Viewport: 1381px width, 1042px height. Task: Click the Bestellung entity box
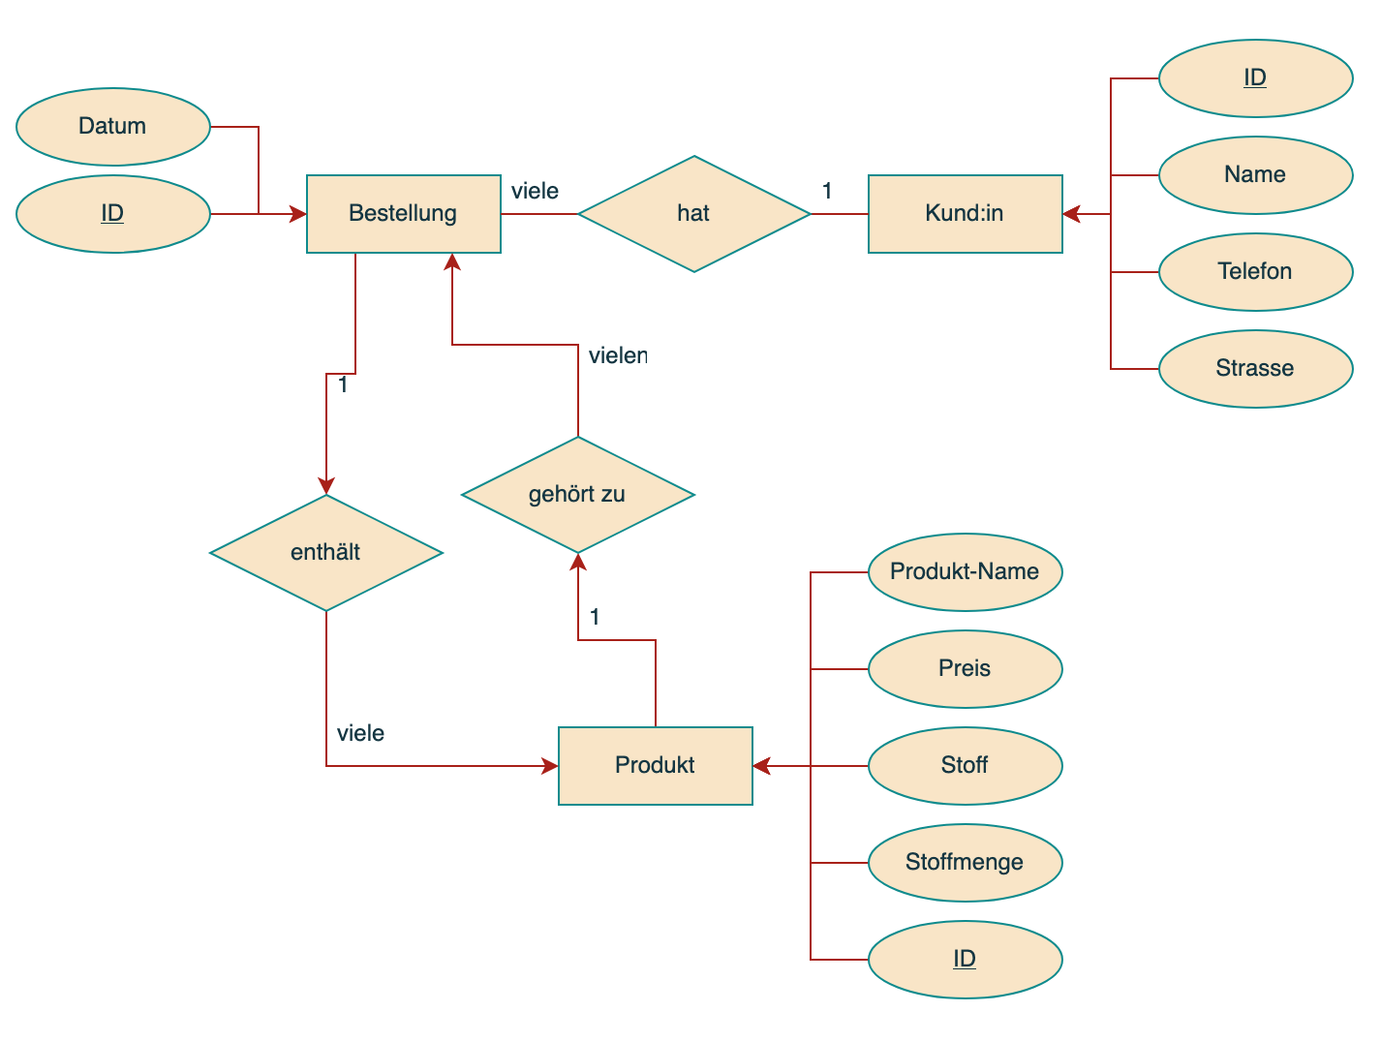point(403,213)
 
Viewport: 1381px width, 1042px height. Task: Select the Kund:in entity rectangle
point(965,213)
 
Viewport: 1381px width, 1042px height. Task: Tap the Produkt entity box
point(655,765)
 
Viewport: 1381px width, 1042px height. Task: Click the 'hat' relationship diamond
point(693,213)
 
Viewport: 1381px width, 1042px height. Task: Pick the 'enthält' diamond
point(325,552)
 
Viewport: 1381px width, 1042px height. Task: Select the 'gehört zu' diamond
point(577,494)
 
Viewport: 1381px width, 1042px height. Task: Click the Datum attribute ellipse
point(112,126)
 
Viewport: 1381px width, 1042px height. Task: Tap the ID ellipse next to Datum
point(112,213)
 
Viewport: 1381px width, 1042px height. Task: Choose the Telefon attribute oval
point(1255,271)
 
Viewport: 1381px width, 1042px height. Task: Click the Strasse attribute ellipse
point(1255,368)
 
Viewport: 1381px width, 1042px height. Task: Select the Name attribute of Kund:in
point(1255,174)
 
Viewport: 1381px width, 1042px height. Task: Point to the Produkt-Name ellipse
point(965,571)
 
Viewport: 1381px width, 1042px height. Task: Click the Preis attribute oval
point(965,668)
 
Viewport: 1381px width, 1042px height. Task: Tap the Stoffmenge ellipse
point(965,862)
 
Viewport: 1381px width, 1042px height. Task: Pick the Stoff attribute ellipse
point(965,765)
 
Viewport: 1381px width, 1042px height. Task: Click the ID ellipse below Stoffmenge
point(965,959)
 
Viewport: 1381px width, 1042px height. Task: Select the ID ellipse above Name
point(1255,77)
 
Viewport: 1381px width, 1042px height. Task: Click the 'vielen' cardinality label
point(618,355)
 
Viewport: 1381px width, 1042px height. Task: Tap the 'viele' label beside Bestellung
point(535,191)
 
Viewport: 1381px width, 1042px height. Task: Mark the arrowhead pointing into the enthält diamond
point(326,486)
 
